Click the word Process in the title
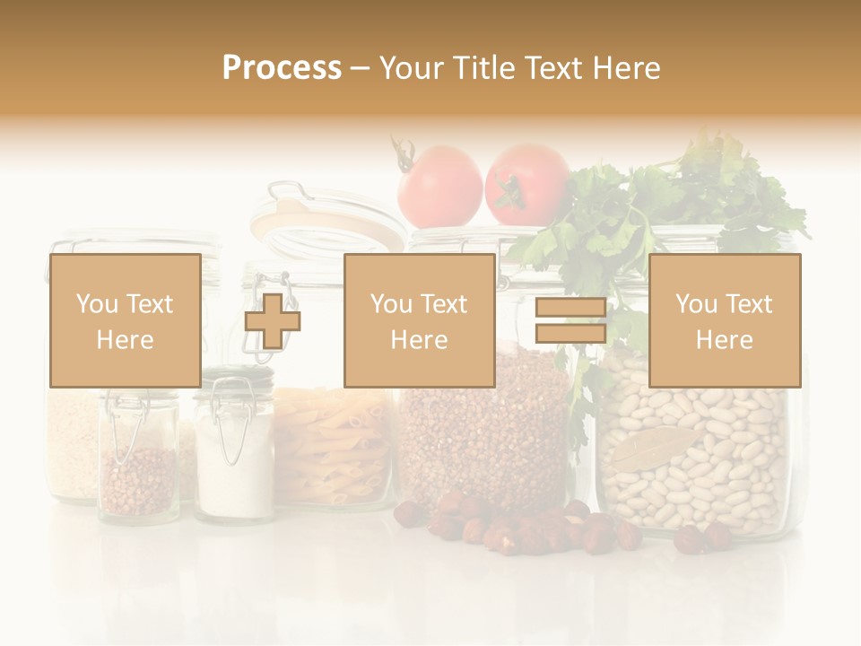click(282, 67)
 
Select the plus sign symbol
click(273, 320)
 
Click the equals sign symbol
click(570, 321)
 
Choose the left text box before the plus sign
click(125, 320)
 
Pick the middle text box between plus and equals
click(419, 320)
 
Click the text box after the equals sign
click(724, 320)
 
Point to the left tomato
click(439, 186)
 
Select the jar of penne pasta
click(332, 449)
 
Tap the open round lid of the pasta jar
click(327, 220)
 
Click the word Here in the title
click(627, 67)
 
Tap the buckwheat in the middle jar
click(484, 440)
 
